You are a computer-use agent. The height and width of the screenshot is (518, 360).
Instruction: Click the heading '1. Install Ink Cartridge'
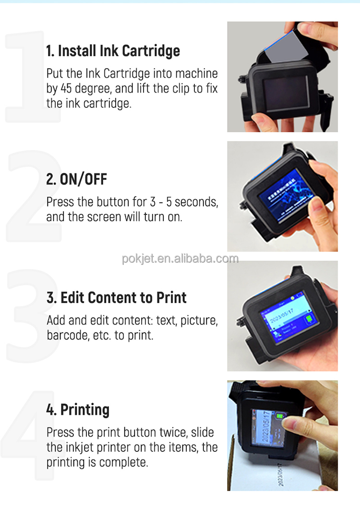113,51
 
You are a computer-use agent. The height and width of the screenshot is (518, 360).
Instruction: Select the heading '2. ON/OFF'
76,179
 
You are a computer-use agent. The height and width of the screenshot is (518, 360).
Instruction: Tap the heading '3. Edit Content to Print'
116,297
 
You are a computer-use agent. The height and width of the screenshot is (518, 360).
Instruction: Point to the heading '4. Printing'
78,410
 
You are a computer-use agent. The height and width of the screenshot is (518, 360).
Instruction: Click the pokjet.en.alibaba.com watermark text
180,259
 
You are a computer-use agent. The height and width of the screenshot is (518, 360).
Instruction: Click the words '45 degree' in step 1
88,89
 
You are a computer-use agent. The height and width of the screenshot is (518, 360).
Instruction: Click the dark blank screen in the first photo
285,94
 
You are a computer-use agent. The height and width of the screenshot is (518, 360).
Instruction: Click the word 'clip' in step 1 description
175,89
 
